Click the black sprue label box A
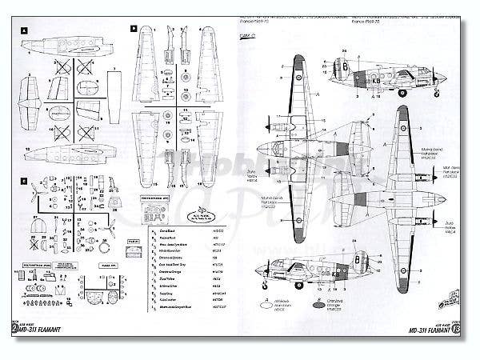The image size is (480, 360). (26, 30)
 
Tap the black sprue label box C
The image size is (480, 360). (26, 181)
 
